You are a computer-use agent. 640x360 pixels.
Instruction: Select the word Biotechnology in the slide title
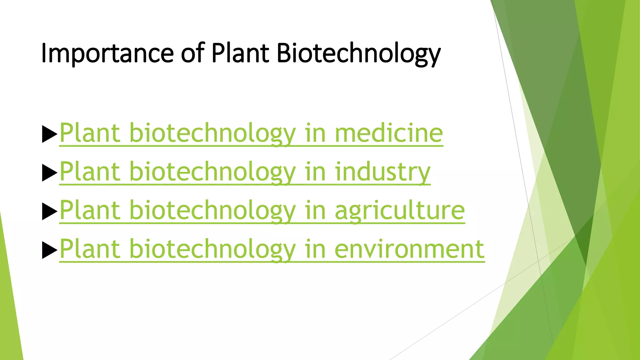point(358,53)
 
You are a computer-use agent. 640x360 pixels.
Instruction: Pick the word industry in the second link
point(382,172)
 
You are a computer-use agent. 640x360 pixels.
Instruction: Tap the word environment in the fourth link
point(409,249)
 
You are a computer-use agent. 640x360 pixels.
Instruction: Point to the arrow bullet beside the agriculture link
point(49,212)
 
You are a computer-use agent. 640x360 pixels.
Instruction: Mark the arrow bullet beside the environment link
point(49,250)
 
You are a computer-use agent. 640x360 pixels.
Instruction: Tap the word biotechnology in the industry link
point(212,172)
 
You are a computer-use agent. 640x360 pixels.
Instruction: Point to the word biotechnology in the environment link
point(212,249)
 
